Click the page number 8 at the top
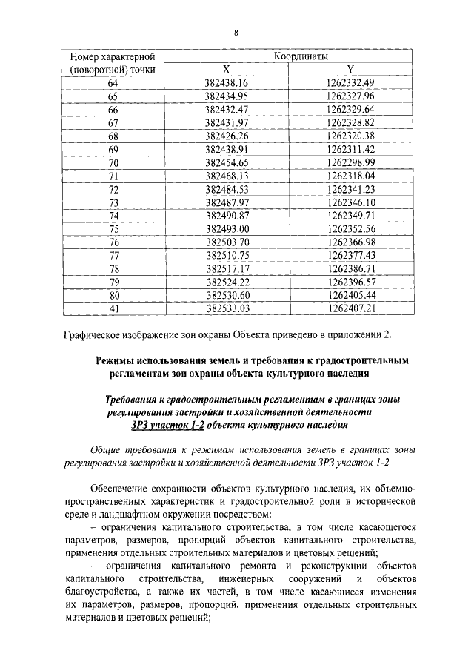(x=236, y=33)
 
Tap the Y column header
(x=350, y=69)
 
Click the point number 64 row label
(x=113, y=83)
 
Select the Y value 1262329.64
(x=350, y=110)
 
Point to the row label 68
(x=113, y=136)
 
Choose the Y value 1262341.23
(x=350, y=190)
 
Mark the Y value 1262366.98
(x=350, y=242)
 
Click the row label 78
(x=113, y=269)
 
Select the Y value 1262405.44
(x=350, y=296)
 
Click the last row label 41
(x=113, y=309)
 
